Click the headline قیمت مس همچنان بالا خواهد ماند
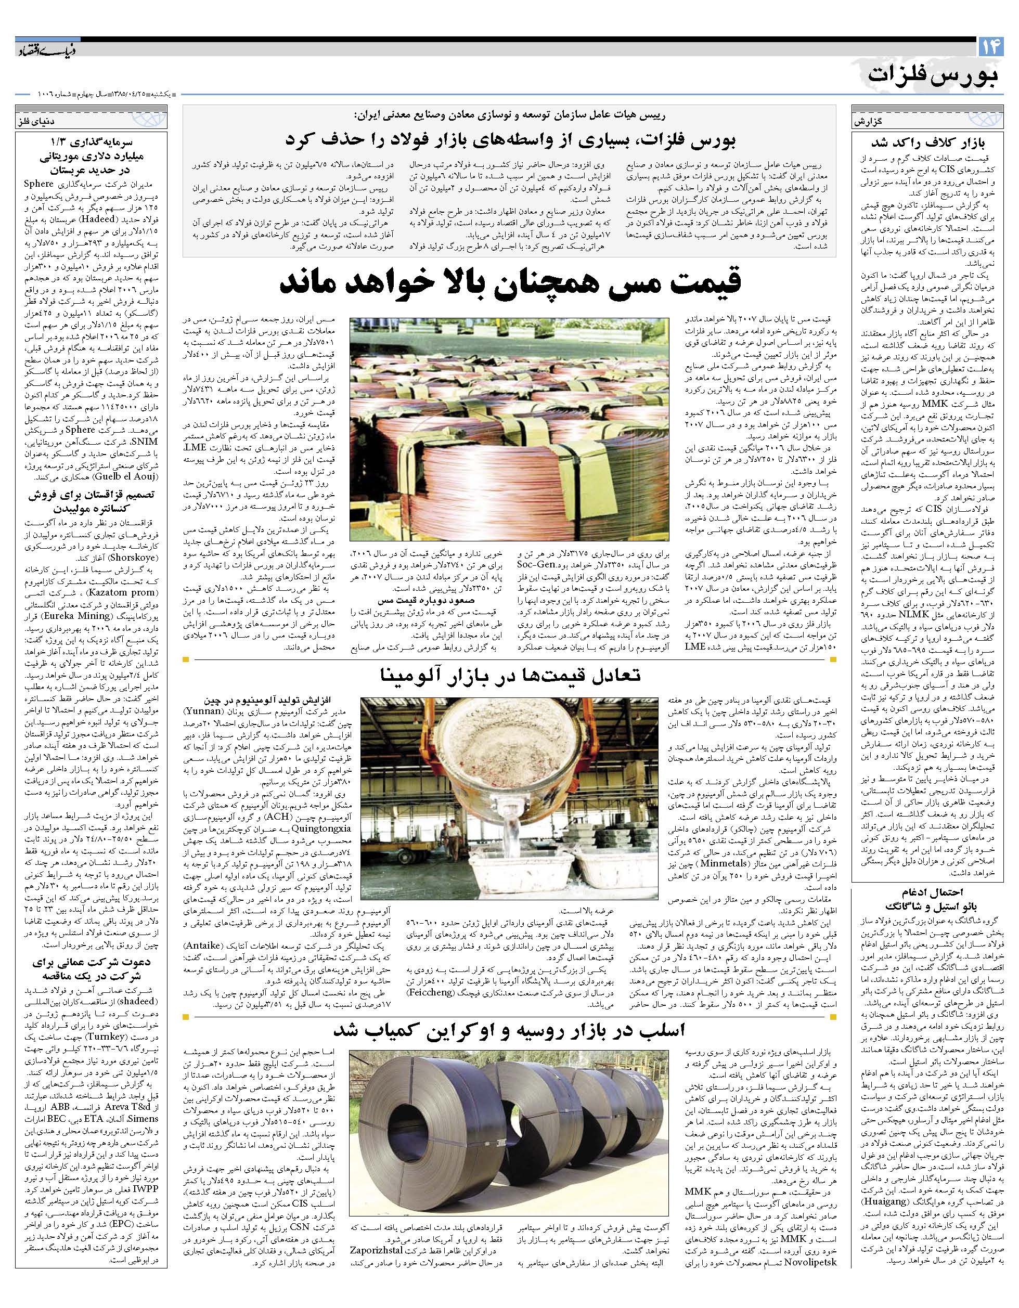[x=510, y=283]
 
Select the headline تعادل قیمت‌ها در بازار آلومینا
[x=510, y=675]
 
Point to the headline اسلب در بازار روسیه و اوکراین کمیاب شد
[x=510, y=1030]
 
